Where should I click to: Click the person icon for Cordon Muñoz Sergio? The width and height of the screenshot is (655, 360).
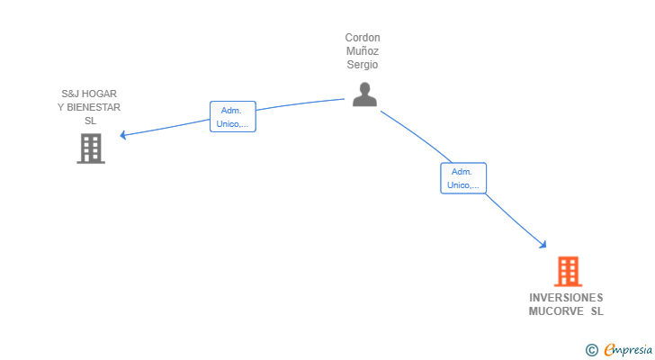click(364, 94)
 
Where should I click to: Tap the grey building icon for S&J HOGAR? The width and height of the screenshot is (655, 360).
click(91, 148)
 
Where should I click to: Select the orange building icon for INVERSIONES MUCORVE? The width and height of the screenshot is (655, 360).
click(567, 271)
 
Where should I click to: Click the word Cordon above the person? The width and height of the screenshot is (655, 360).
click(363, 38)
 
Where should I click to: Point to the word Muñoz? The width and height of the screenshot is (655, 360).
click(363, 51)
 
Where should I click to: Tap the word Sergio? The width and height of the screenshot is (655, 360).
click(363, 65)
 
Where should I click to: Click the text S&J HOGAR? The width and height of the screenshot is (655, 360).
click(89, 94)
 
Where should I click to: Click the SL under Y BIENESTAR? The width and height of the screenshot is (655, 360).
click(90, 121)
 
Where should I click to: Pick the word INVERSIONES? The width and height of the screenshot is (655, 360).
click(566, 298)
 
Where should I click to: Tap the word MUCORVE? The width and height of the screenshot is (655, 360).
click(556, 311)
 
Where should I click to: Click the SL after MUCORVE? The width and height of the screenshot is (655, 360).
click(597, 311)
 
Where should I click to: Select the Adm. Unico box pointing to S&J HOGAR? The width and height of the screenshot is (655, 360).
click(233, 117)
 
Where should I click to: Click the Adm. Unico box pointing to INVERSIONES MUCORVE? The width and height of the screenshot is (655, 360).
click(463, 178)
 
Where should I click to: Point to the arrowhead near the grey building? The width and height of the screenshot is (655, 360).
click(123, 136)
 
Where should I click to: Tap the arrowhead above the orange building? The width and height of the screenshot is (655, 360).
click(543, 244)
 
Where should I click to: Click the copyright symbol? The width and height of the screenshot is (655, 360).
click(591, 350)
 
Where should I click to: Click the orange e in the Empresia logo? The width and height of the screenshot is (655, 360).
click(610, 350)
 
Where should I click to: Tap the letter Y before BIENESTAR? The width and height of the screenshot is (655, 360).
click(61, 107)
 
